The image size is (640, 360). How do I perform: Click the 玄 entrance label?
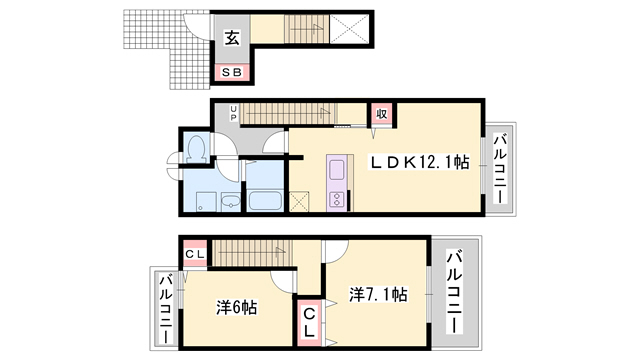[231, 40]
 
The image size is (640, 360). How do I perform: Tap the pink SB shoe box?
[231, 72]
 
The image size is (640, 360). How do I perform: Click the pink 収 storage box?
[381, 113]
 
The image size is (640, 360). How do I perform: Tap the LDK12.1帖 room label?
[421, 163]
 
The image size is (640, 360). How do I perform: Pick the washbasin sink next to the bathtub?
[230, 201]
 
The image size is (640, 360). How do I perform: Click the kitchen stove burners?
[335, 198]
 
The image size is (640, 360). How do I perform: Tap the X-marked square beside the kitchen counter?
[301, 200]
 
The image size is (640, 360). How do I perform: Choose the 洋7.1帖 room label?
[377, 295]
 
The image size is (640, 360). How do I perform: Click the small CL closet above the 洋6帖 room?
[194, 254]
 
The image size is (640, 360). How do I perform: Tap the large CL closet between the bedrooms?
[310, 323]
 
